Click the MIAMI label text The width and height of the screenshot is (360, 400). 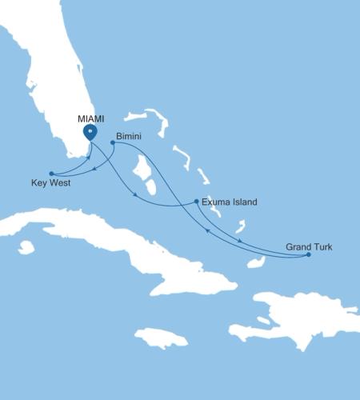point(90,118)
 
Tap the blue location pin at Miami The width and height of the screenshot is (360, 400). point(90,132)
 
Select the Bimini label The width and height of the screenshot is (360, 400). point(129,137)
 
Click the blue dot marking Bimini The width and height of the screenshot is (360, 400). point(112,143)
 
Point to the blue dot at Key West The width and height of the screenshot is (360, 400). point(50,174)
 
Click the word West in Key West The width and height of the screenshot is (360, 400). point(60,183)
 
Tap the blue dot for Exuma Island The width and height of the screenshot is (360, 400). point(197,202)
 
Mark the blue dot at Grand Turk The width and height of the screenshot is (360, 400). point(308,254)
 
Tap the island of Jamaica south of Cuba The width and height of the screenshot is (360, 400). point(160,337)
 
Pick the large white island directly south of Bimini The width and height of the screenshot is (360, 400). point(144,172)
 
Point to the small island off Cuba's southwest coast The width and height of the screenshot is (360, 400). point(26,247)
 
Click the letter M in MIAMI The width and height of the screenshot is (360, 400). point(80,118)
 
